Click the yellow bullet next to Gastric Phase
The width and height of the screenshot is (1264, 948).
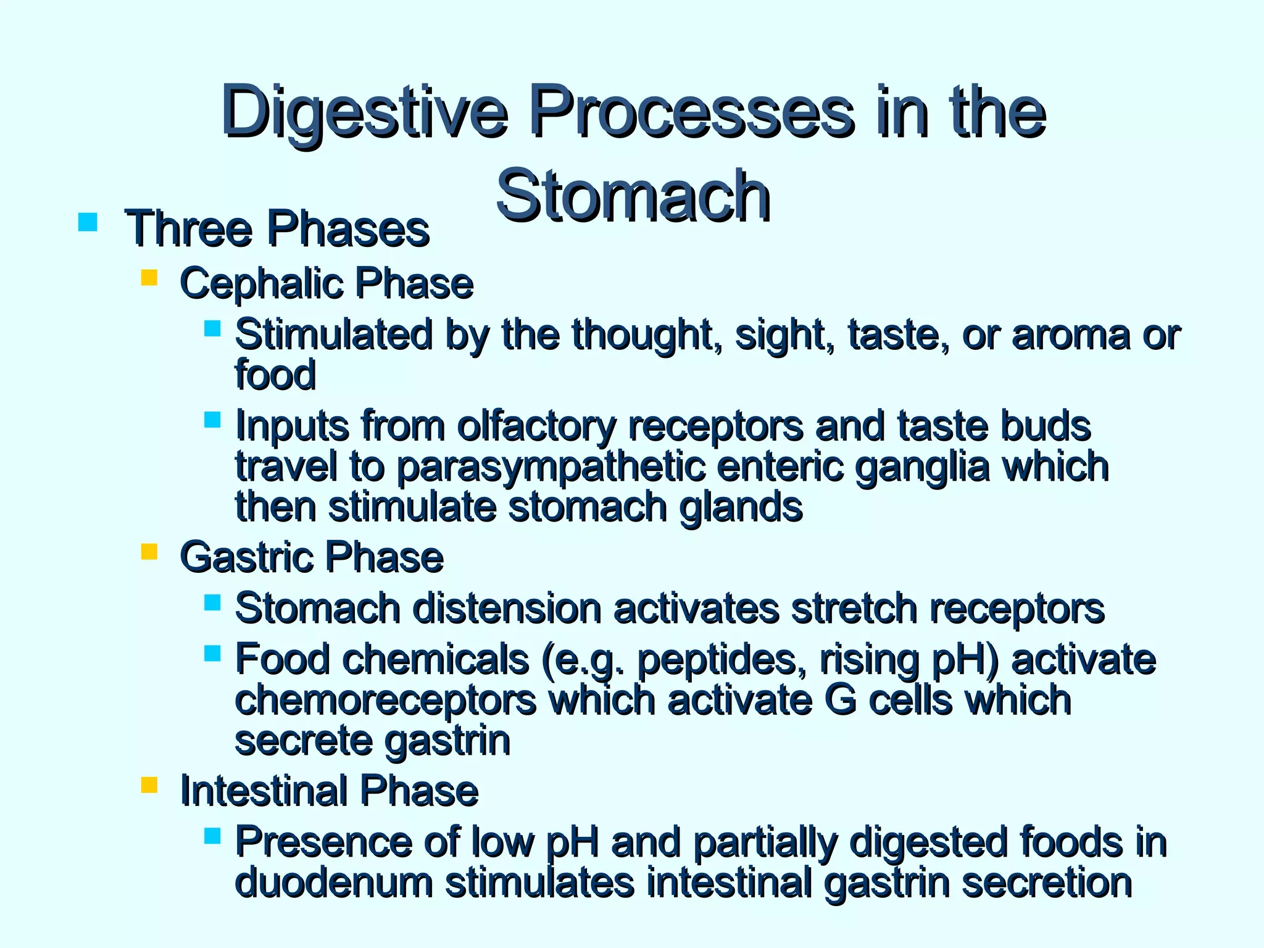point(149,551)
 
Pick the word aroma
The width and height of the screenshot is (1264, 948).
point(1071,335)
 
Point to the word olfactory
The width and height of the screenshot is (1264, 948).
point(536,426)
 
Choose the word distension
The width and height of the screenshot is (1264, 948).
point(507,609)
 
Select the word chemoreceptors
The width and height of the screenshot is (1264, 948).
point(386,700)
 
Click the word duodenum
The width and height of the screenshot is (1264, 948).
point(334,882)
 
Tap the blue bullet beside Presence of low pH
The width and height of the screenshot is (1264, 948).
point(212,836)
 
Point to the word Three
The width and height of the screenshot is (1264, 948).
point(189,229)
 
